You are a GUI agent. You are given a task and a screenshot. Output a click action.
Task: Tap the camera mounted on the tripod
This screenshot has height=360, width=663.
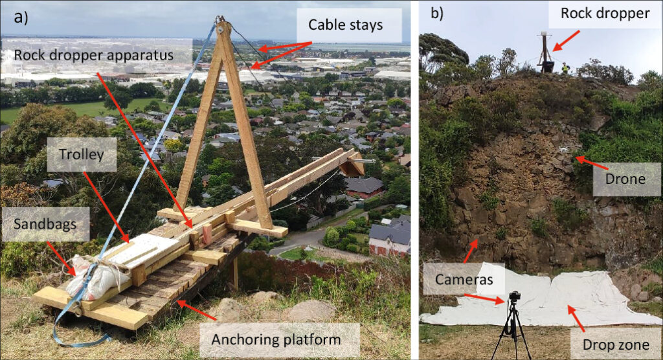(514, 297)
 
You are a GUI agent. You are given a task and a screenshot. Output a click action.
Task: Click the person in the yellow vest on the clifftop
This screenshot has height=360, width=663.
(565, 67)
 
